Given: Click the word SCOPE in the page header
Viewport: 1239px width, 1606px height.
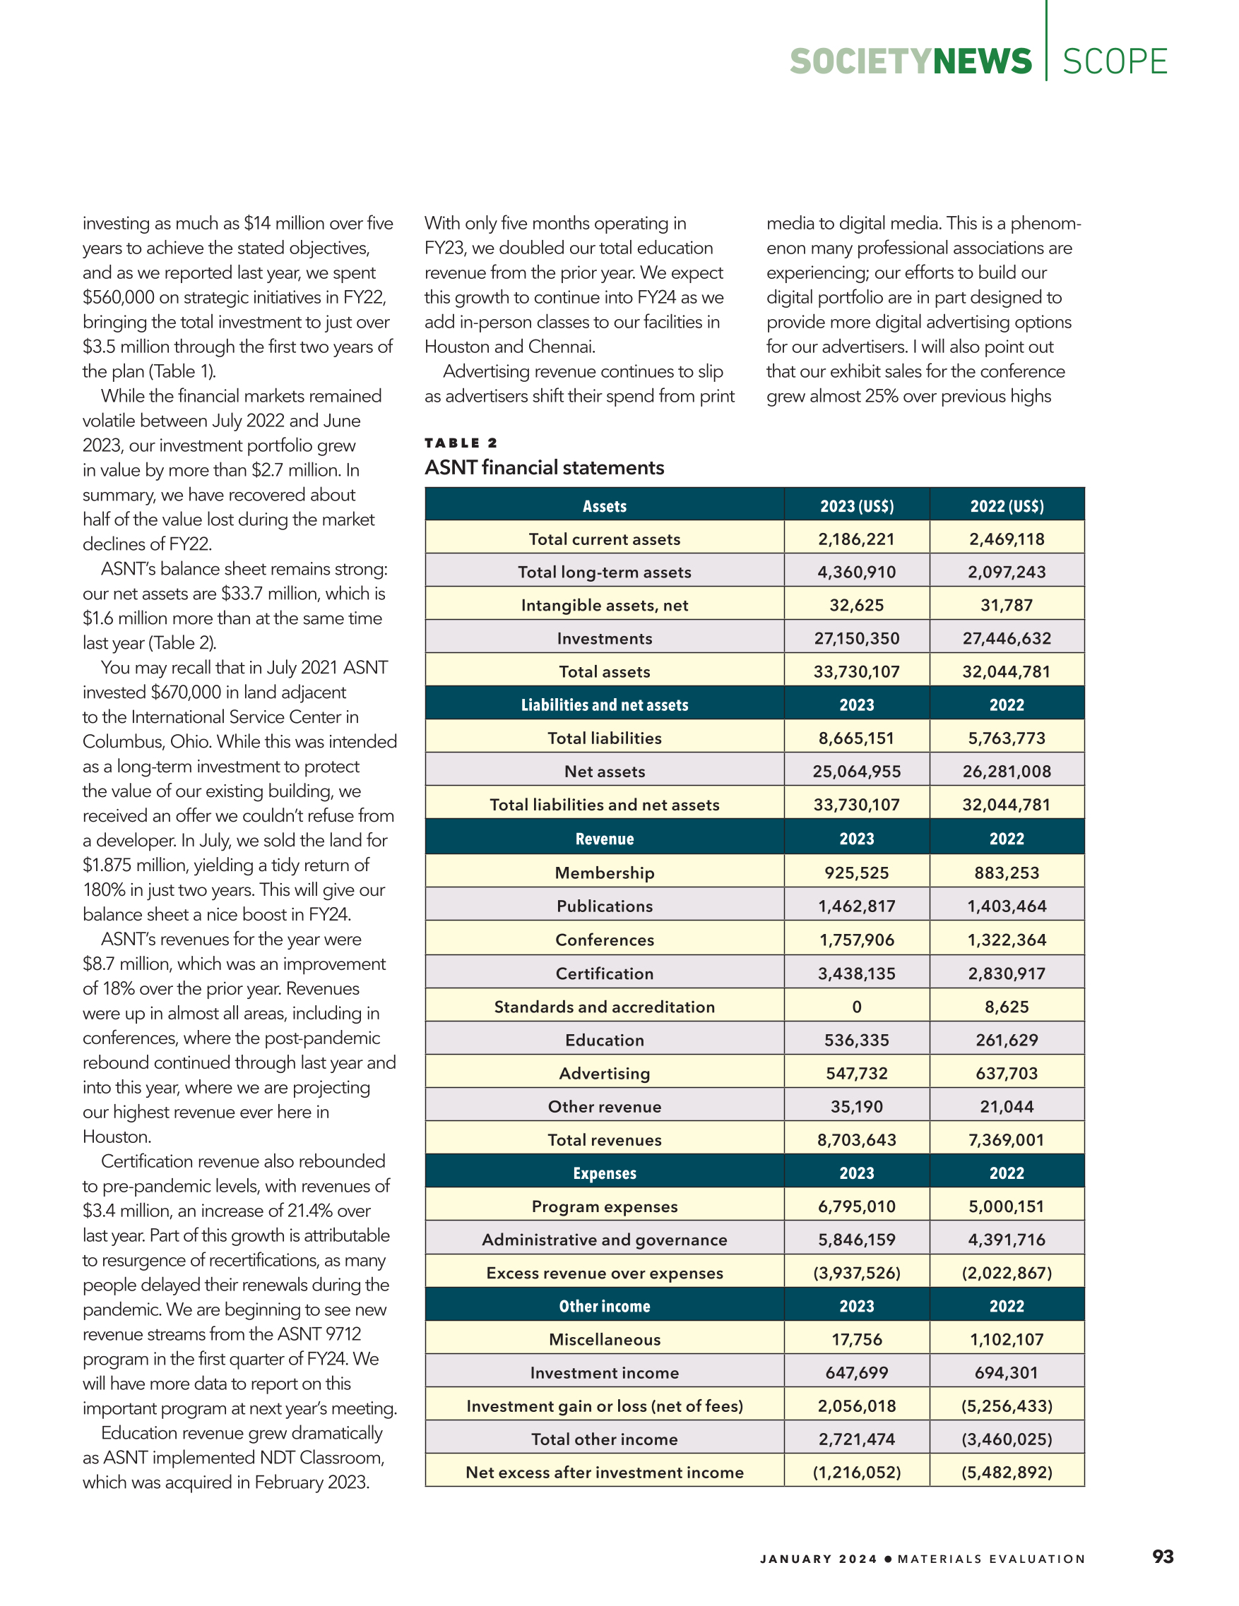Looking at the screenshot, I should coord(1115,62).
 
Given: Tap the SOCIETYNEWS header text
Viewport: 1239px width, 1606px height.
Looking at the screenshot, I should coord(910,62).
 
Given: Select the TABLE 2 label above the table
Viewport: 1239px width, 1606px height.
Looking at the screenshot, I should coord(461,443).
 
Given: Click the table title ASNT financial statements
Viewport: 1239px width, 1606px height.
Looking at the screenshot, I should coord(545,467).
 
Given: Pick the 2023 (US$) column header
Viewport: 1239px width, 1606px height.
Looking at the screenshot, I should coord(856,506).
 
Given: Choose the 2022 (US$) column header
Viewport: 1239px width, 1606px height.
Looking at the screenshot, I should coord(1007,506).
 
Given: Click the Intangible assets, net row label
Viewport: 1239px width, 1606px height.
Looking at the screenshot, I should coord(604,605).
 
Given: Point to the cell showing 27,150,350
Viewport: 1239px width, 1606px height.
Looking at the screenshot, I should coord(856,638).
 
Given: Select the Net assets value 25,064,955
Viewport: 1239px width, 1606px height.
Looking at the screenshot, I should coord(856,772).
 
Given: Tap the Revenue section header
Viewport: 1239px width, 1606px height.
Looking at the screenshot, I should coord(604,839).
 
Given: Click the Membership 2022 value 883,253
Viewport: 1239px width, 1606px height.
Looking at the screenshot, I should coord(1007,873).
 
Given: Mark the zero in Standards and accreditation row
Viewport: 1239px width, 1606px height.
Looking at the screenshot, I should coord(856,1007).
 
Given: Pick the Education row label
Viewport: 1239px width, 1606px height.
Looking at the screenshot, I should coord(604,1040).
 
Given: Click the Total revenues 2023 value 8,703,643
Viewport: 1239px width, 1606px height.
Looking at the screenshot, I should coord(856,1140).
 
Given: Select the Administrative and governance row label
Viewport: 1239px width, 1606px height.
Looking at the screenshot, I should coord(604,1240).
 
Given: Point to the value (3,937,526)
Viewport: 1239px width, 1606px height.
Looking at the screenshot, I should coord(856,1273).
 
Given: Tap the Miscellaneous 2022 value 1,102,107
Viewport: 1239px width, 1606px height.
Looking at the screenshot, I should coord(1007,1339).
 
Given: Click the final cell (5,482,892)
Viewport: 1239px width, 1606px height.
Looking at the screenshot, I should coord(1007,1472).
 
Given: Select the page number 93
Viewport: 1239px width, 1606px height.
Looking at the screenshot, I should coord(1163,1556).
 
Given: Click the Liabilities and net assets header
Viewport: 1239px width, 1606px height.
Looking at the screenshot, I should coord(604,705).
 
